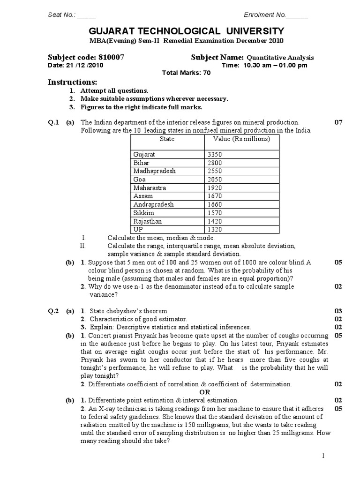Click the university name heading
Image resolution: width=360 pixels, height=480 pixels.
tap(180, 31)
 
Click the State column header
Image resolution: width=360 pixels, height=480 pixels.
tap(167, 139)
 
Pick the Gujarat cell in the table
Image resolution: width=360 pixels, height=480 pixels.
tap(144, 154)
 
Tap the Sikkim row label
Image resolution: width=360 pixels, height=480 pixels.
tap(142, 213)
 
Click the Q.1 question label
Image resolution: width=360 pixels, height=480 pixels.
tap(53, 122)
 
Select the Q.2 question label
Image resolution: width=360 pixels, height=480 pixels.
tap(53, 311)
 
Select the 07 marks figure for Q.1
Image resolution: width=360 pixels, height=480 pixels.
tap(338, 122)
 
